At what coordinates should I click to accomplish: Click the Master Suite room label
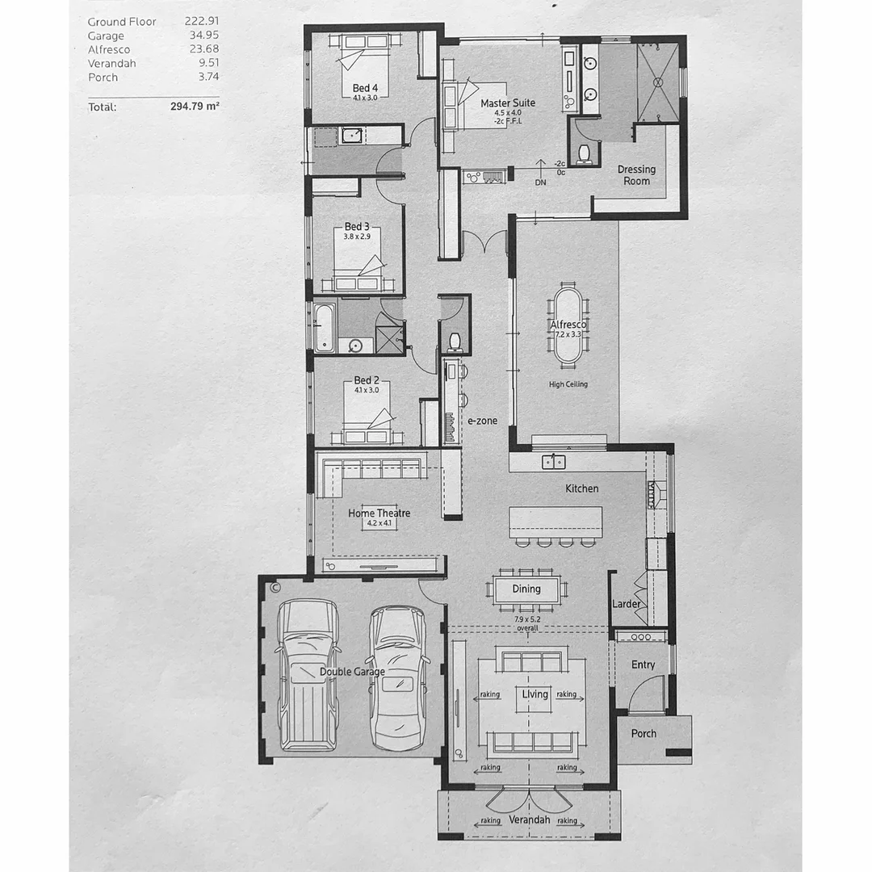coord(507,103)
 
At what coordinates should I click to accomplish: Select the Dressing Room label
coord(636,175)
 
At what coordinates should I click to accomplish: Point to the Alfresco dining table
coord(569,325)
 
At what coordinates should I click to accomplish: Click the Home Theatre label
coord(379,513)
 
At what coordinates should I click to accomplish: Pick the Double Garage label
coord(352,671)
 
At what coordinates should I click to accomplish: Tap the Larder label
coord(627,604)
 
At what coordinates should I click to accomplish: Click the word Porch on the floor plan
coord(644,734)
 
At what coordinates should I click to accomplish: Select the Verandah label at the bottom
coord(530,820)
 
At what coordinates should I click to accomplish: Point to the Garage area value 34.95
coord(202,36)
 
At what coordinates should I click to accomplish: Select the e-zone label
coord(483,421)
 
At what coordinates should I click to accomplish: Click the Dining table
coord(526,589)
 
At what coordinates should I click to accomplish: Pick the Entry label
coord(643,664)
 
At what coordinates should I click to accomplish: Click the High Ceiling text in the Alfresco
coord(568,384)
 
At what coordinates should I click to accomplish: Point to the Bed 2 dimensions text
coord(366,391)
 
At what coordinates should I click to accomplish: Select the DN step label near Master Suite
coord(540,182)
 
